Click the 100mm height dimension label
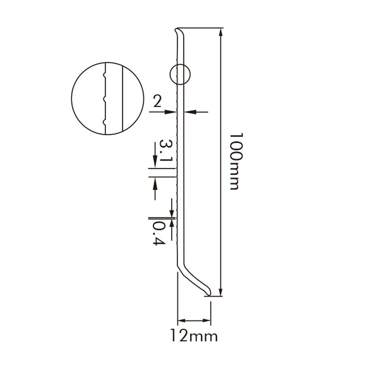point(235,161)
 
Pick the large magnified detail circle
point(108,98)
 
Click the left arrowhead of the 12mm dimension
point(181,321)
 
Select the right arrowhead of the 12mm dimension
point(208,321)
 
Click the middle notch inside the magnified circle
point(105,98)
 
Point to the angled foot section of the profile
point(193,278)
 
